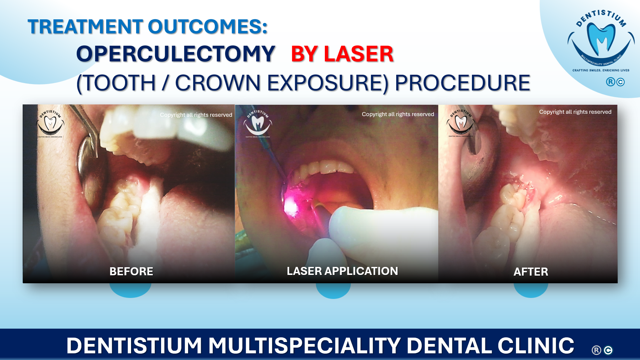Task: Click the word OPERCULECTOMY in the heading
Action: pos(175,54)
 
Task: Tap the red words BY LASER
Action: pos(342,54)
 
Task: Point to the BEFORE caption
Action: pos(131,271)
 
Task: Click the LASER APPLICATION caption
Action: pos(342,271)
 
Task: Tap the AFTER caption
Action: pos(531,272)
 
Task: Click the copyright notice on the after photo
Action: pos(575,112)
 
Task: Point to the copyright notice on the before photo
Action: pos(196,115)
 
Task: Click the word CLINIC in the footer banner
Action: pos(536,345)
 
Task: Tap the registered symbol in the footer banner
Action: pos(596,350)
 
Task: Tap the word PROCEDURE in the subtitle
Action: pos(462,83)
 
